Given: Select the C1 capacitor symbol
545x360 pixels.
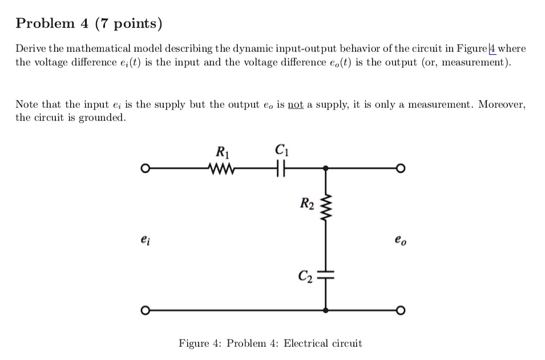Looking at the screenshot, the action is tap(281, 168).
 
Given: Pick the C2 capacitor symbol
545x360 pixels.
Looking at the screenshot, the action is tap(326, 275).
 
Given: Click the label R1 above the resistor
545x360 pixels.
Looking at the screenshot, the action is tap(223, 152).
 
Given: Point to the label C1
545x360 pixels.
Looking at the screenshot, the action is tap(281, 150).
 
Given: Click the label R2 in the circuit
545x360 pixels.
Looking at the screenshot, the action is tap(307, 203).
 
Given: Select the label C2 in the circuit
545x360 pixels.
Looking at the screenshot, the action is tap(305, 276).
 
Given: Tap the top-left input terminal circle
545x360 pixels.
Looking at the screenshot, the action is tap(146, 169).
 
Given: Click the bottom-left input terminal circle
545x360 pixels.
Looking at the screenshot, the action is tap(146, 310).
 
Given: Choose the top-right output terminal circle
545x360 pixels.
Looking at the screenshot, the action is tap(401, 169).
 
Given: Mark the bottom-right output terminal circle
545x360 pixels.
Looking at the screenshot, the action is tap(401, 310).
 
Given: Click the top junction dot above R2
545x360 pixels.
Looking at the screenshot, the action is tap(326, 168).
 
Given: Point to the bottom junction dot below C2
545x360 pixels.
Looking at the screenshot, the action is tap(326, 310).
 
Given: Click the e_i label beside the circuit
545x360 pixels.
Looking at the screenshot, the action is tap(146, 240).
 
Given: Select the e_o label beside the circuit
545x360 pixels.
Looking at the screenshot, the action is tap(401, 240).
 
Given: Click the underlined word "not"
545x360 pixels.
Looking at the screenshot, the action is tap(296, 104).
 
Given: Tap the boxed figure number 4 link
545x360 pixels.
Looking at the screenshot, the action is tap(492, 48).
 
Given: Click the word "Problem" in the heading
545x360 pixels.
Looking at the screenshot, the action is tap(45, 23).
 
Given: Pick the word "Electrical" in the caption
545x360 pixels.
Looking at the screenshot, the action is tap(306, 343).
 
